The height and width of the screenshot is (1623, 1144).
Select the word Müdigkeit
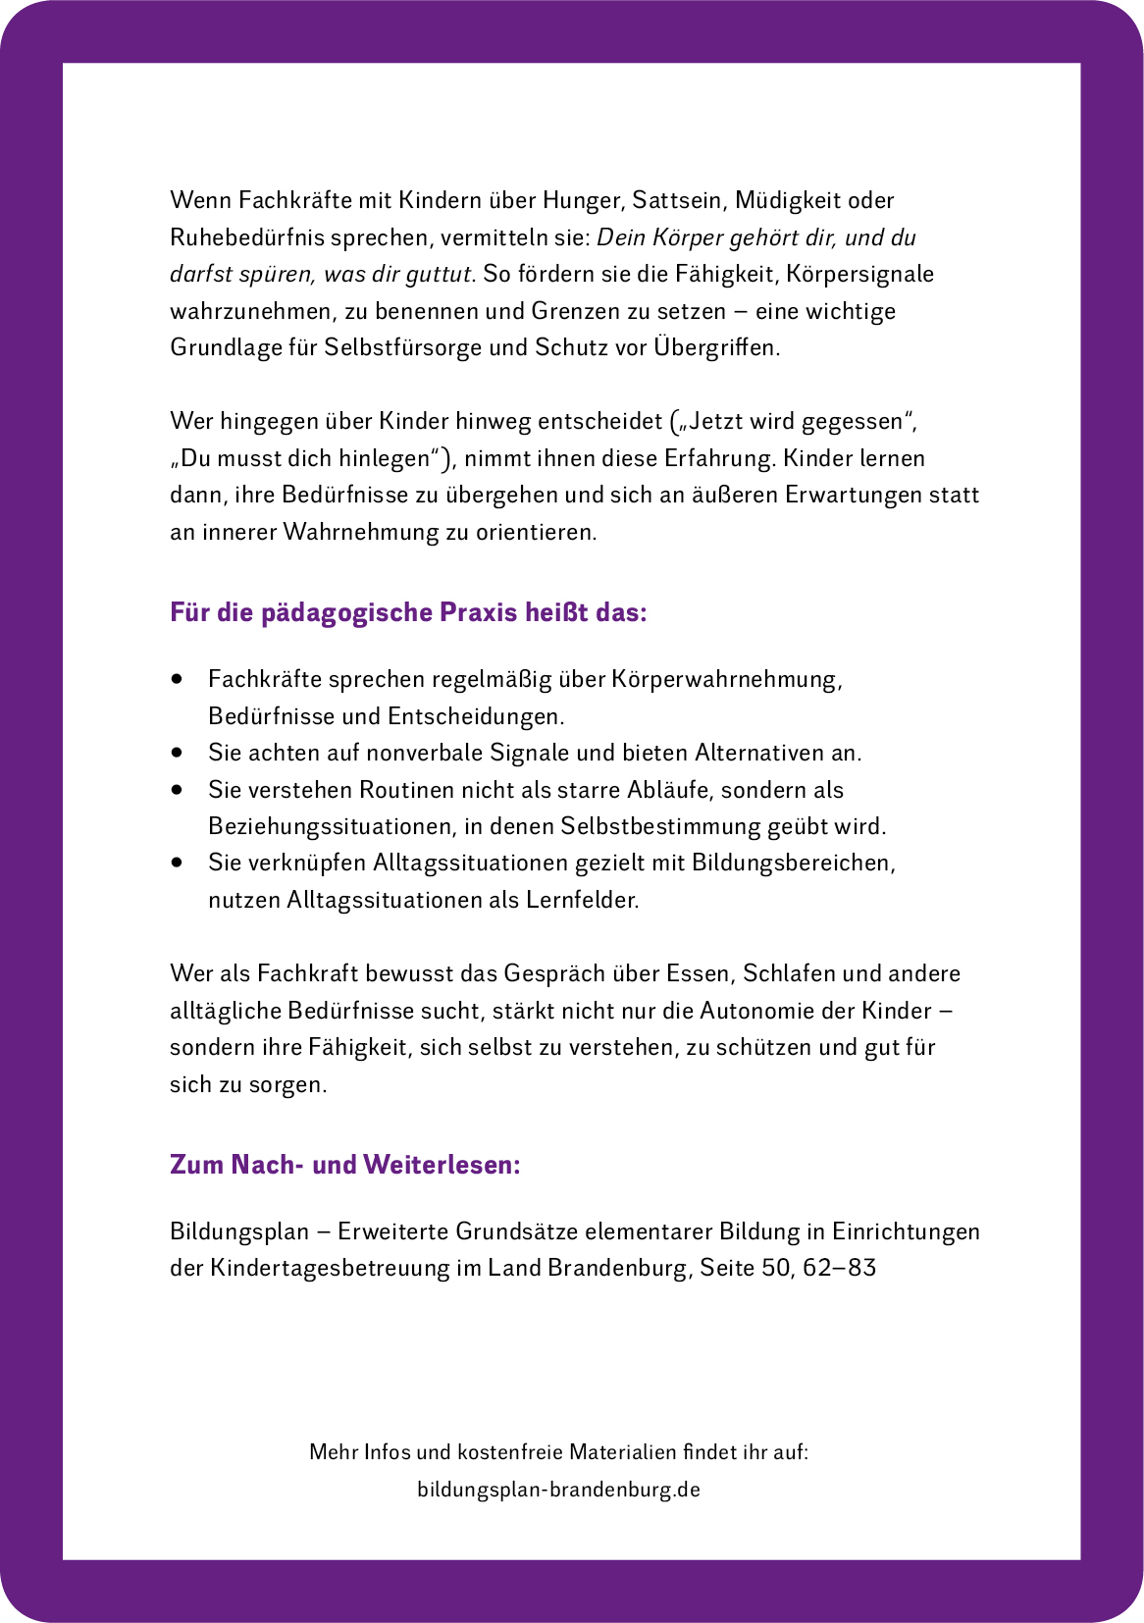coord(788,201)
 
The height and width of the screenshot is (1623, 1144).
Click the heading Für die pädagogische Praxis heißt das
coord(408,612)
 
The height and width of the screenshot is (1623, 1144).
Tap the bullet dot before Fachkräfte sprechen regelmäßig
coord(177,679)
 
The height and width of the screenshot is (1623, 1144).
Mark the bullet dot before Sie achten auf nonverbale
coord(177,753)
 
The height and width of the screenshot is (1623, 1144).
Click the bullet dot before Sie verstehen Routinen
coord(177,790)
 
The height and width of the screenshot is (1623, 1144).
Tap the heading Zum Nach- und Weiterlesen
coord(344,1165)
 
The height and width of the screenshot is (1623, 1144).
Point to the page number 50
coord(775,1268)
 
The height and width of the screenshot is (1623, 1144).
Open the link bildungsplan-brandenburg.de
coord(558,1490)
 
